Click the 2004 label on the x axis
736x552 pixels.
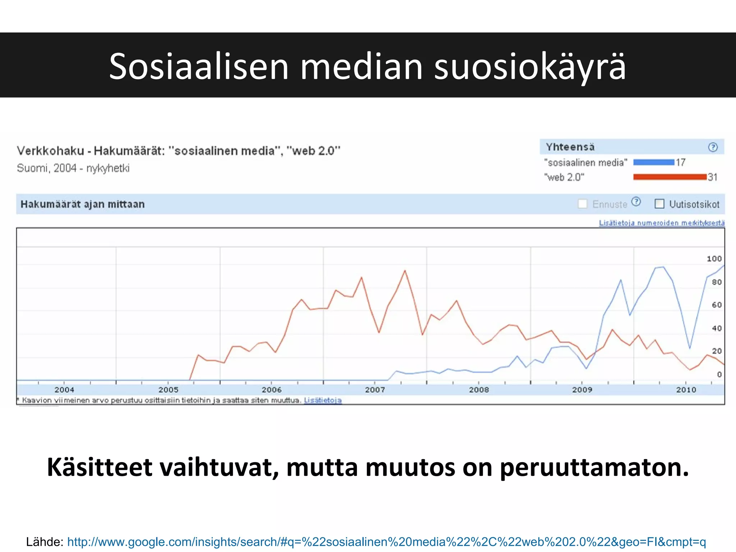tap(64, 390)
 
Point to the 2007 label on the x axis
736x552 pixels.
tap(375, 390)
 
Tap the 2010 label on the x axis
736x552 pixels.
tap(686, 390)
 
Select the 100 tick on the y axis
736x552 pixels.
tap(714, 259)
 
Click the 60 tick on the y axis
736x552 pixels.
tap(717, 305)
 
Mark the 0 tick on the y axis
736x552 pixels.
tap(719, 374)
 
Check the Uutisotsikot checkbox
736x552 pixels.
tap(659, 204)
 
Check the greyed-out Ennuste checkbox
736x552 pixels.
tap(583, 204)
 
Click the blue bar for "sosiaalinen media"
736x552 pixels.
tap(654, 162)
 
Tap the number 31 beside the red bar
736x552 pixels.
tap(713, 177)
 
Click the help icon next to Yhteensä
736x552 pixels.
tap(713, 147)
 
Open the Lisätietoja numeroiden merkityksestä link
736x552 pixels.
tap(662, 223)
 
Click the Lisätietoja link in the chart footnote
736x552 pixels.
tap(323, 400)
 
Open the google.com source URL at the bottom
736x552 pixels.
tap(386, 542)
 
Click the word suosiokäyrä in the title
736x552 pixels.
tap(530, 66)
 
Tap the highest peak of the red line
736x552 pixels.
tap(405, 271)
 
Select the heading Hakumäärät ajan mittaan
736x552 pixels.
tap(83, 204)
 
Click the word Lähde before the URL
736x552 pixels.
tap(45, 542)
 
